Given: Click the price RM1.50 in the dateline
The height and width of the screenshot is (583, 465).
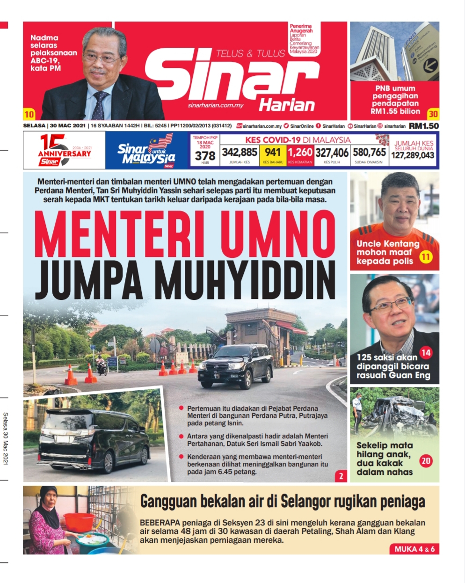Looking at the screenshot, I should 424,126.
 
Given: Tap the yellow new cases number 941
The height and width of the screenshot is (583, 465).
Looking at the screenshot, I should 273,152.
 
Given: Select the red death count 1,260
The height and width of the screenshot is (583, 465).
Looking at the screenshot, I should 300,152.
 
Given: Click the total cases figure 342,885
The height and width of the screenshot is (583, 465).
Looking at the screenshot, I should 240,152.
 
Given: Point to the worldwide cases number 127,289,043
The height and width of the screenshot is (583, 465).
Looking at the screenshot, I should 413,155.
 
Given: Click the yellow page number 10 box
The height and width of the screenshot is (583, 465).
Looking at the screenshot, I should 29,114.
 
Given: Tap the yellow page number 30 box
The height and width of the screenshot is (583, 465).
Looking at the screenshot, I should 433,113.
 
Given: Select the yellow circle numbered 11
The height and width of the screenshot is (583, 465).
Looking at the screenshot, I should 425,256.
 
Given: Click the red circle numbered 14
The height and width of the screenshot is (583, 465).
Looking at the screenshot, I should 426,352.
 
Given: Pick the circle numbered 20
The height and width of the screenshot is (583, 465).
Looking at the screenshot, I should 426,461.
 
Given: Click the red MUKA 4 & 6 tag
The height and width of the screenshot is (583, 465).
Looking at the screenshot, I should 414,549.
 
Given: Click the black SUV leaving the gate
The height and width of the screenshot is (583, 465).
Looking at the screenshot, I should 235,365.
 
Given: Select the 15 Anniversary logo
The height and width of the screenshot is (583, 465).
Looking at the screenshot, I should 63,151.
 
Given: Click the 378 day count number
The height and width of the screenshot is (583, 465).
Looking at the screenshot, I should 205,156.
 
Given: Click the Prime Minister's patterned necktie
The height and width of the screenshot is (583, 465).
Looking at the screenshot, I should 100,105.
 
